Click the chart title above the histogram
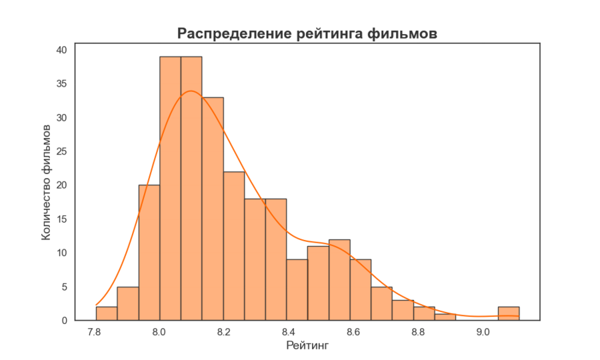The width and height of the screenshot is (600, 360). [307, 33]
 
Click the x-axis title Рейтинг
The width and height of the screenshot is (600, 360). [307, 345]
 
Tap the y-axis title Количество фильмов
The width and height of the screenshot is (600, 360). [47, 181]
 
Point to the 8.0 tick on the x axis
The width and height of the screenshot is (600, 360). [159, 331]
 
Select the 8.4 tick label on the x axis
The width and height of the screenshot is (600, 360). [289, 331]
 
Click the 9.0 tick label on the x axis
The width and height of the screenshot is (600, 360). [483, 331]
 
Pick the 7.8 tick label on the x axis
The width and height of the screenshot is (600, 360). [95, 331]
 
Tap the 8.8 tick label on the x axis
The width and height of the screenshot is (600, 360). [419, 331]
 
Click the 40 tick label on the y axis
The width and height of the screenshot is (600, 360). [61, 50]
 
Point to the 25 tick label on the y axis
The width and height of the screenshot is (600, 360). [61, 151]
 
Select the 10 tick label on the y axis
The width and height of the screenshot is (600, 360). [61, 253]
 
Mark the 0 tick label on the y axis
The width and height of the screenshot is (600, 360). [65, 321]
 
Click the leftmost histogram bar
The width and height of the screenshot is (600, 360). [107, 313]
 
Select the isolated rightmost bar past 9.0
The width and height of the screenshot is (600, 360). [509, 313]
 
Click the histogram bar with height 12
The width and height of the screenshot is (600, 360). [339, 280]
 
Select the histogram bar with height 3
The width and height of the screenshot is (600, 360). [403, 311]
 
